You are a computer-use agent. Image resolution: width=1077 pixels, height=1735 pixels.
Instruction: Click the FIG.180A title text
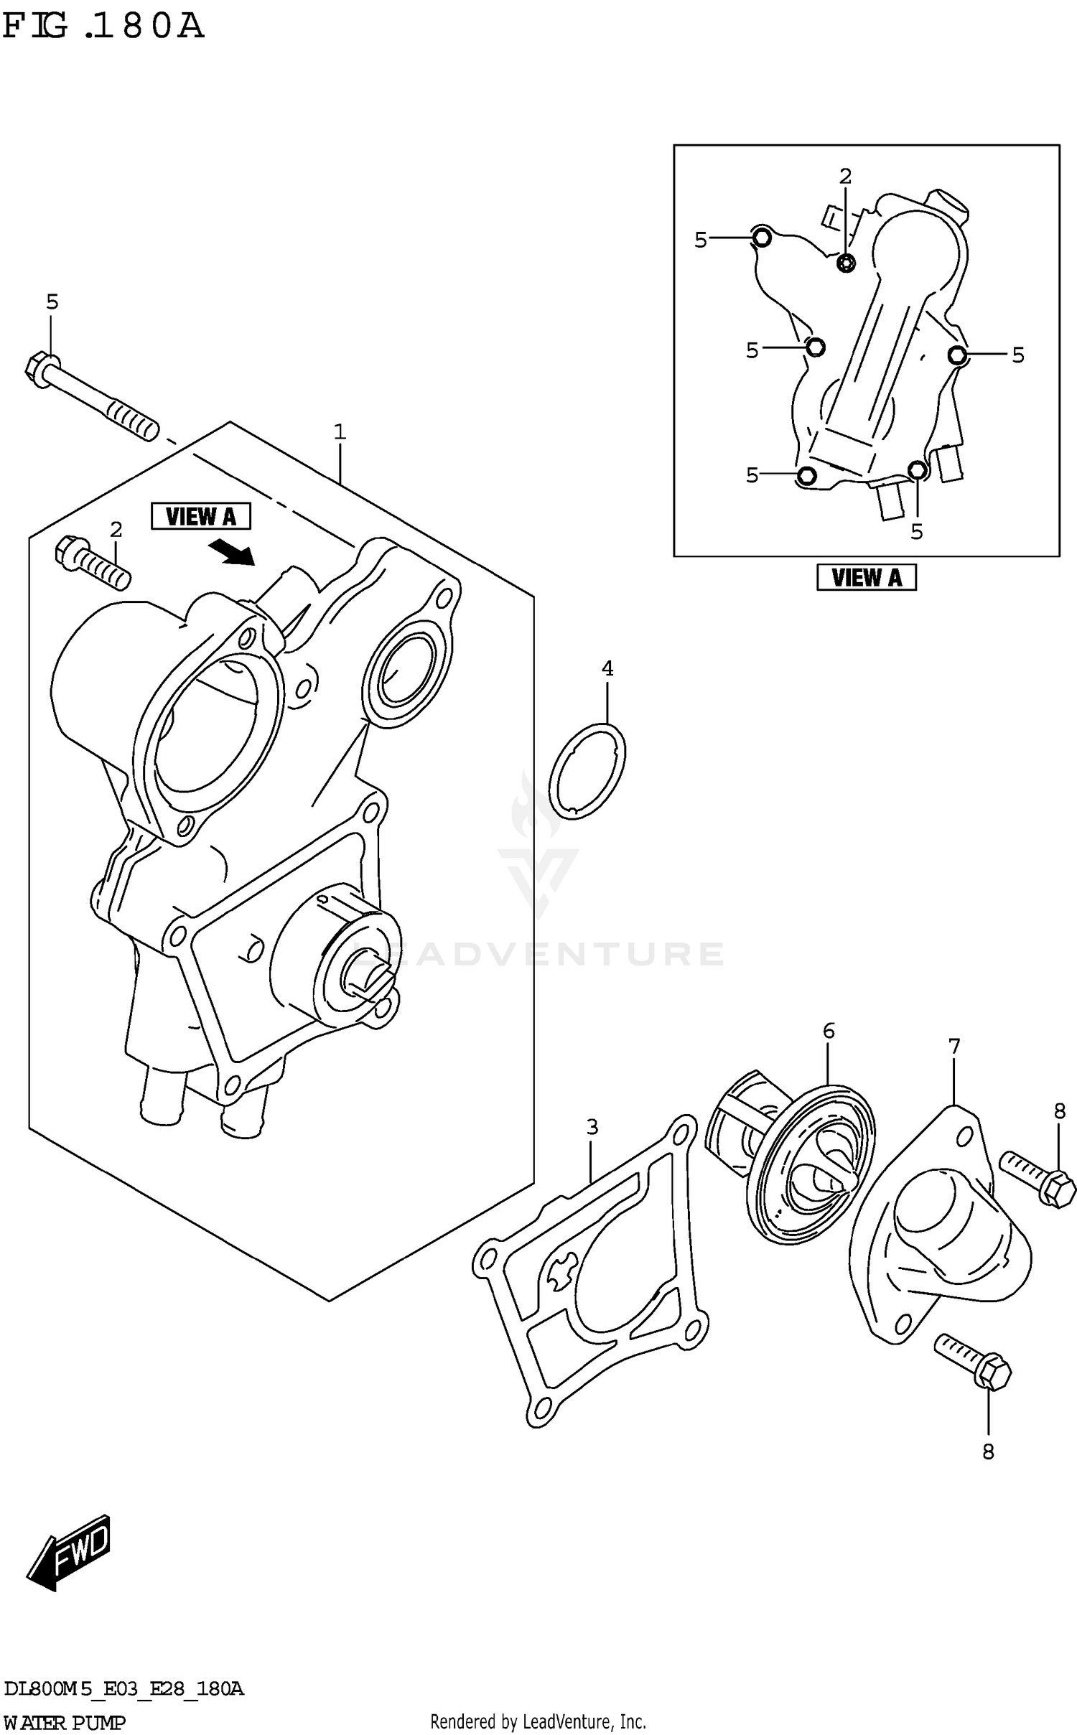[x=103, y=27]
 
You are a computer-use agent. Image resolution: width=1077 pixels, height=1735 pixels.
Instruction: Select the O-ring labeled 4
[x=587, y=771]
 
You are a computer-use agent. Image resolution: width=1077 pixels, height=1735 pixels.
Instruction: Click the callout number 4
[x=607, y=669]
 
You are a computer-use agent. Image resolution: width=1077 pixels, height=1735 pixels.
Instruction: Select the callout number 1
[x=340, y=432]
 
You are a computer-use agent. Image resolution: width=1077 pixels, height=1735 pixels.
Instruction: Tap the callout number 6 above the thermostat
[x=829, y=1032]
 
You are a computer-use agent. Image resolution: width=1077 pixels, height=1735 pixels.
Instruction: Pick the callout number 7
[x=954, y=1047]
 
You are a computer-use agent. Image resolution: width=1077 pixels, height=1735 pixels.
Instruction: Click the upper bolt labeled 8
[x=1038, y=1179]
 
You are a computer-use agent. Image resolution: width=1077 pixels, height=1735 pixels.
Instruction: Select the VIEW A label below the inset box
[x=866, y=577]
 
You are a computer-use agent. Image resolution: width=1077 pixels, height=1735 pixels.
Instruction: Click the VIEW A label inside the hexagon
[x=201, y=516]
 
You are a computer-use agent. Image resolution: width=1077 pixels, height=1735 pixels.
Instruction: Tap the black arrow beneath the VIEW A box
[x=232, y=553]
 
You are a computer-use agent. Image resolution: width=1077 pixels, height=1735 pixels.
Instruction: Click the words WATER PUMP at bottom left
[x=65, y=1723]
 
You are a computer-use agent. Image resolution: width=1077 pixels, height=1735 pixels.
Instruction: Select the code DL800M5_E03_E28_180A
[x=123, y=1690]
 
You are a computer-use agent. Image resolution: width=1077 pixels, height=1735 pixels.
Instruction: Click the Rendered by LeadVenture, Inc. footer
[x=538, y=1722]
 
